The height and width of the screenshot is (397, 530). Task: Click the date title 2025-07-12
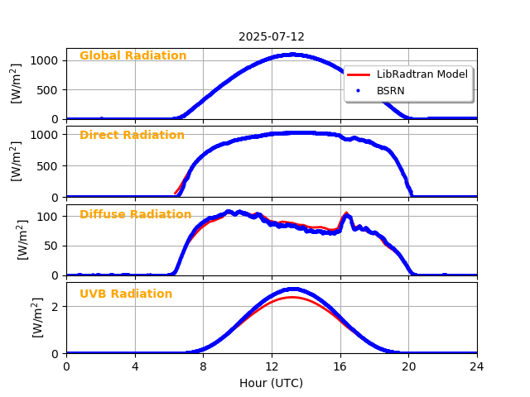272,36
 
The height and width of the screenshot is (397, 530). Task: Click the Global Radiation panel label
132,56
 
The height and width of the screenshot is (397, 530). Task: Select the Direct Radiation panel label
132,135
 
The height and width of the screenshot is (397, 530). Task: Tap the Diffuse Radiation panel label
135,214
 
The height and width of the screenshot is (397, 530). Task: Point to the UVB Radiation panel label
126,294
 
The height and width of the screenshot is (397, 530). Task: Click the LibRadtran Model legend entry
422,74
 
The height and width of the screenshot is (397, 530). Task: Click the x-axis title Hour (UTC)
272,383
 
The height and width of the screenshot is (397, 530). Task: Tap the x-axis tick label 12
272,366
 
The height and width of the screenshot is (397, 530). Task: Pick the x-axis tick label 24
477,366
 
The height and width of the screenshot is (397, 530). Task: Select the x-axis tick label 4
135,366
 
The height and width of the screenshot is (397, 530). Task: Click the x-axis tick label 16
340,366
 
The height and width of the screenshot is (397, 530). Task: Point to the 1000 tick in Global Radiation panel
47,60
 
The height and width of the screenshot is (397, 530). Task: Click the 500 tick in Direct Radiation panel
51,165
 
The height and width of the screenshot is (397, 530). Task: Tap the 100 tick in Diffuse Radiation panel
51,217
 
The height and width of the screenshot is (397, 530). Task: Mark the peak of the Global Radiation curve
292,55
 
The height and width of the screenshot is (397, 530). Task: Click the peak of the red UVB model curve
292,297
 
